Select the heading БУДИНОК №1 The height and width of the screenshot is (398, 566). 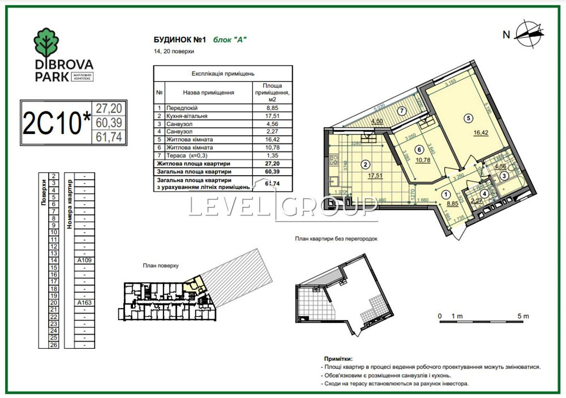179,40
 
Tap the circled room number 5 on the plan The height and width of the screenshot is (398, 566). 468,118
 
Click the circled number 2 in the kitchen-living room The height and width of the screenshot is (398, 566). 366,165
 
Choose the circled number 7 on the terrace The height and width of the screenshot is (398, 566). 400,110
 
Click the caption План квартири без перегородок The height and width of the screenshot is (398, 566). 336,239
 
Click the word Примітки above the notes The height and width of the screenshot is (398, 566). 338,358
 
